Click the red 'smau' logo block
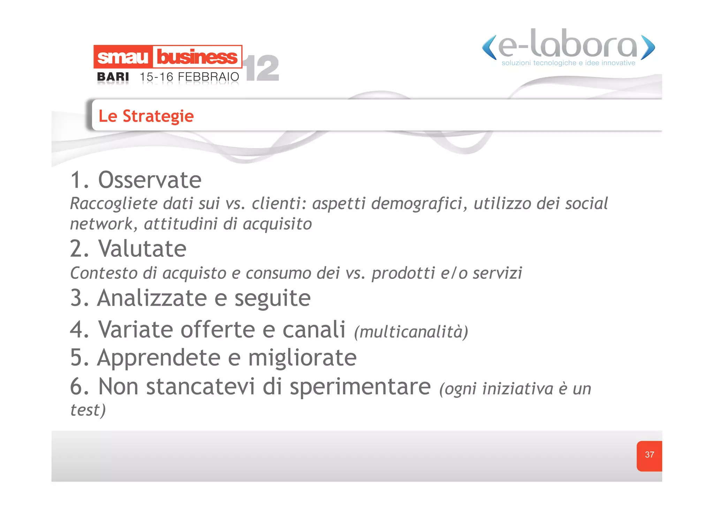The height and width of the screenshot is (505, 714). click(x=123, y=57)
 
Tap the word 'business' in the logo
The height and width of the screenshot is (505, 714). click(x=197, y=57)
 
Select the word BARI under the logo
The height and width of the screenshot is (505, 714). click(x=113, y=77)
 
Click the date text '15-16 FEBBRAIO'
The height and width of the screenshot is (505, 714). click(x=189, y=77)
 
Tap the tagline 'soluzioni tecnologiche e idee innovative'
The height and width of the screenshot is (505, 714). click(x=568, y=63)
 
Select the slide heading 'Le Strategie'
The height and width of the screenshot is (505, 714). click(x=146, y=116)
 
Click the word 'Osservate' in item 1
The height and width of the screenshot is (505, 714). click(x=150, y=180)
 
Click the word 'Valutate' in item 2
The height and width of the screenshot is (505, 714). click(x=142, y=248)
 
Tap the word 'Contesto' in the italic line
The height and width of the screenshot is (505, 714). click(x=104, y=273)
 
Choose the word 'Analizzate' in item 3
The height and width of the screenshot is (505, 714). click(x=152, y=298)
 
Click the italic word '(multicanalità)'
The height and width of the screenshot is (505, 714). click(x=411, y=332)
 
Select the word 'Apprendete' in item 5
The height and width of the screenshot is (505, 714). click(x=159, y=358)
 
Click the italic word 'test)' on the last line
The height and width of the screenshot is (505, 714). click(x=88, y=410)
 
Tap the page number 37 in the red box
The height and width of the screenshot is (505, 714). click(x=649, y=455)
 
